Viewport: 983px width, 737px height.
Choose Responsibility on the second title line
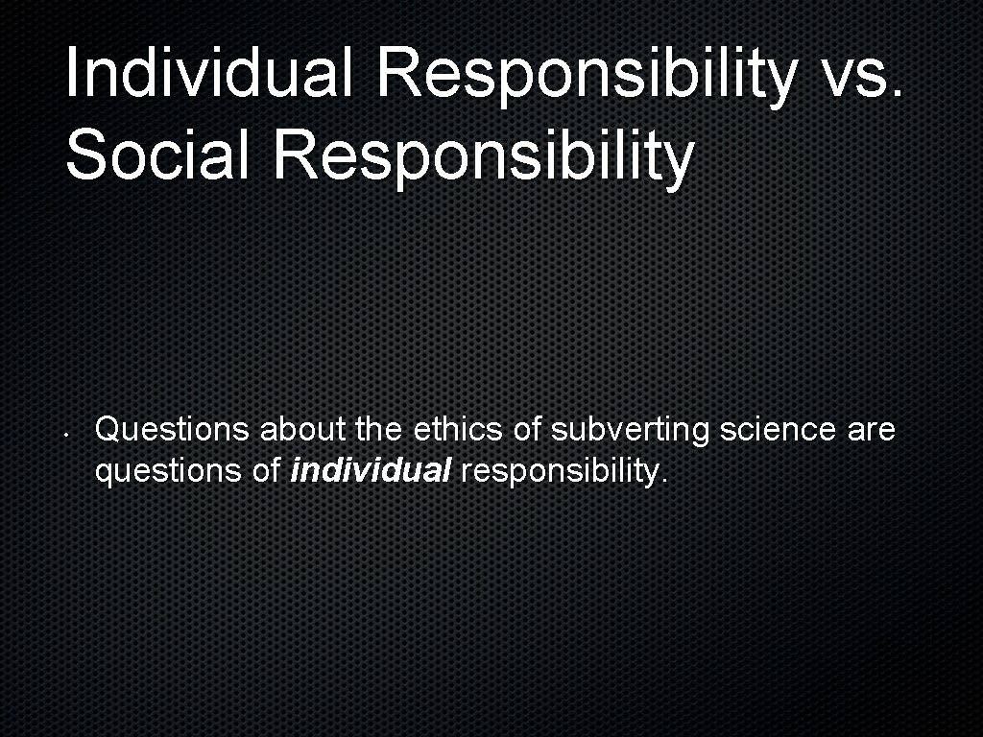[483, 155]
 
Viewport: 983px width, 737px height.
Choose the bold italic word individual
[370, 471]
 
